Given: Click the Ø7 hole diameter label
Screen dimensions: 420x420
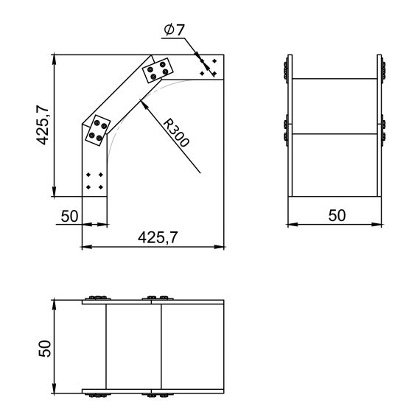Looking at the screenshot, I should click(x=175, y=30).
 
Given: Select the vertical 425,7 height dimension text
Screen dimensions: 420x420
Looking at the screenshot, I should click(x=43, y=125).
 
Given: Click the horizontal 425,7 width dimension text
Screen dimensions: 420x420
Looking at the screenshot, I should click(x=158, y=237).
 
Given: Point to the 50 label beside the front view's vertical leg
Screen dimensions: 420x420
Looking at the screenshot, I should click(x=70, y=216).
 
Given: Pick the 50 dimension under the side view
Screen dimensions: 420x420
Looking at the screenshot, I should click(x=336, y=215).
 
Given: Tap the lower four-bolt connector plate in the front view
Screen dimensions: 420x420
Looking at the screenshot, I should click(x=97, y=131).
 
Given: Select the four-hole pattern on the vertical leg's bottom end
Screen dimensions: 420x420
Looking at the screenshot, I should click(x=94, y=181).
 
